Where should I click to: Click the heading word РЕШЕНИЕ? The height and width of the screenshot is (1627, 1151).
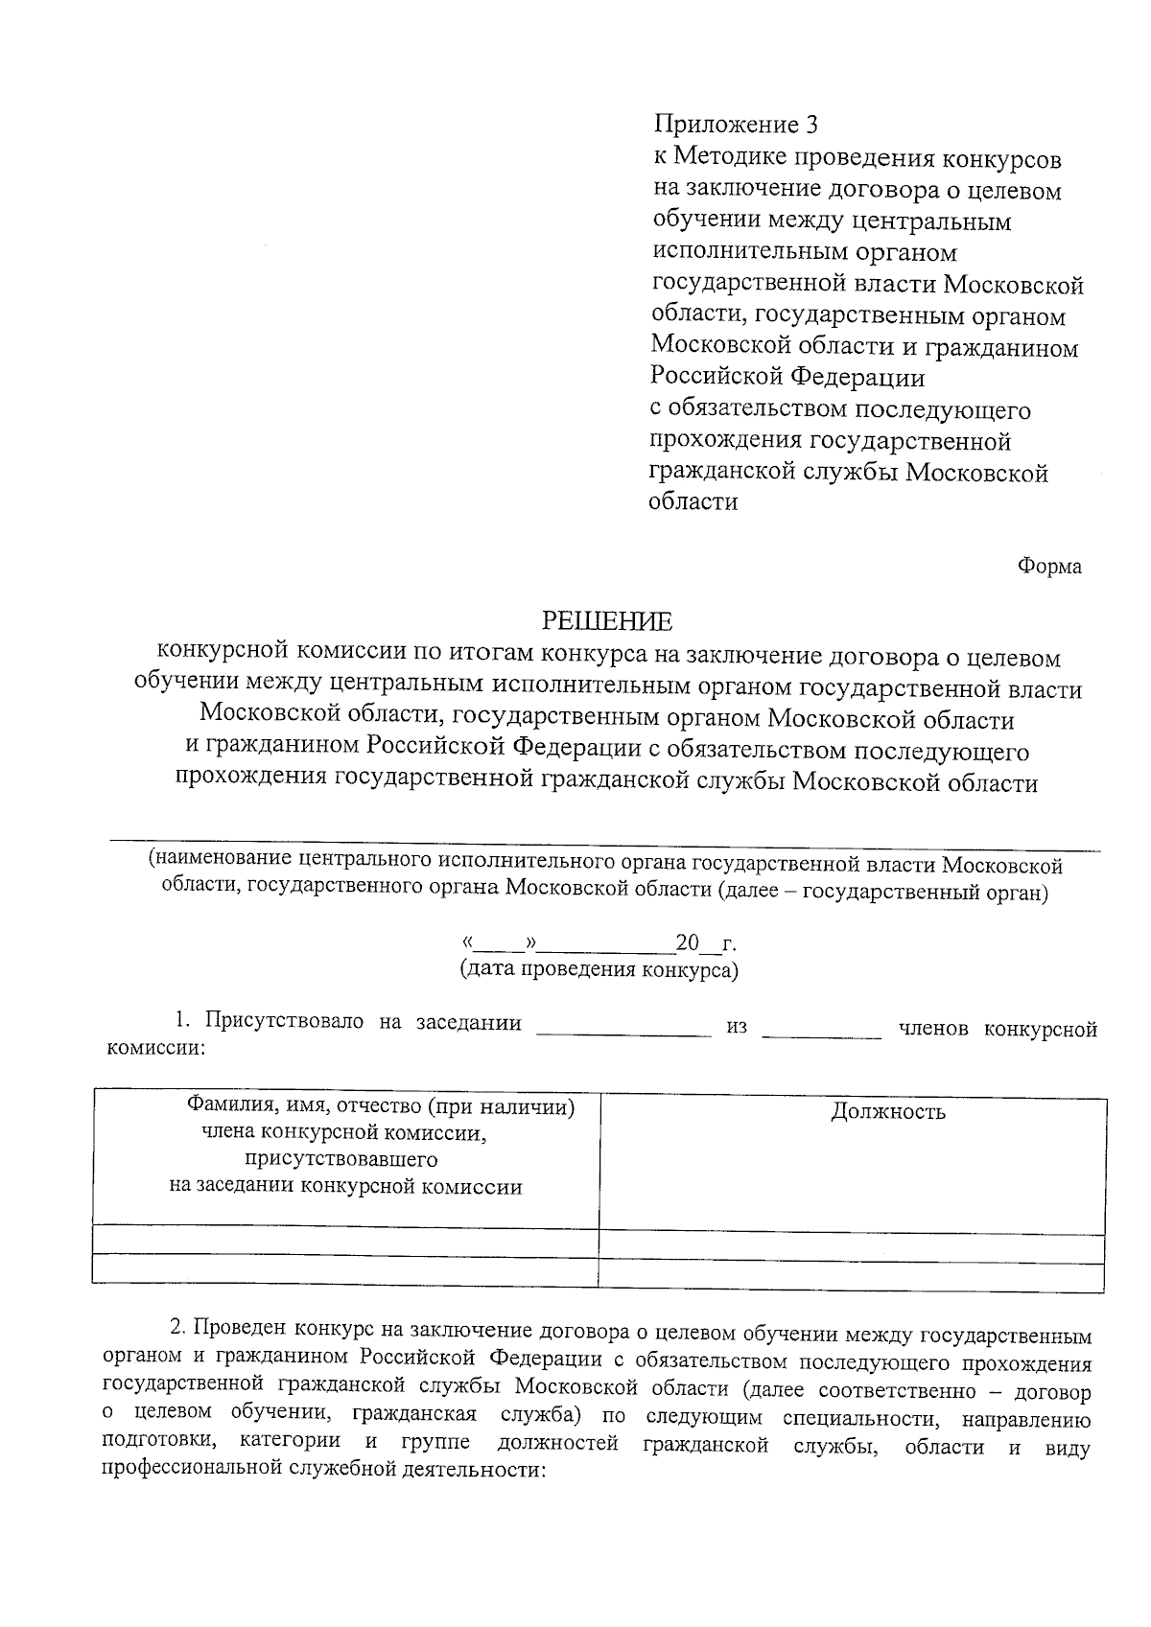pyautogui.click(x=608, y=621)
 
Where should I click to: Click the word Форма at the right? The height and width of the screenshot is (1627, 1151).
pyautogui.click(x=1049, y=567)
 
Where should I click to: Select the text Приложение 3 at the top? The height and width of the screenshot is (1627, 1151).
pyautogui.click(x=737, y=125)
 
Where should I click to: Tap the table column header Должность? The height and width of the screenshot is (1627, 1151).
pyautogui.click(x=887, y=1112)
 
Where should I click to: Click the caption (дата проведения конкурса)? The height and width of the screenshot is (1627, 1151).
pyautogui.click(x=599, y=969)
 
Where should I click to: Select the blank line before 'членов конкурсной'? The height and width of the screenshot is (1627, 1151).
pyautogui.click(x=821, y=1033)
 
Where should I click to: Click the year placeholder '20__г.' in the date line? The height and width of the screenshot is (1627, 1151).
pyautogui.click(x=706, y=943)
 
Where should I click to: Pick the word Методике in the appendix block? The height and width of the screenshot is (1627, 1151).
pyautogui.click(x=732, y=157)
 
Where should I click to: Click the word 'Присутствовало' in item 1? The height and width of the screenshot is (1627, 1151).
pyautogui.click(x=284, y=1022)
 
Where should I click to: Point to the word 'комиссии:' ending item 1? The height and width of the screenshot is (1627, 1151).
pyautogui.click(x=153, y=1049)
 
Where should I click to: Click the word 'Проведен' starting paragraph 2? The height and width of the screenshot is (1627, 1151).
pyautogui.click(x=242, y=1335)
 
